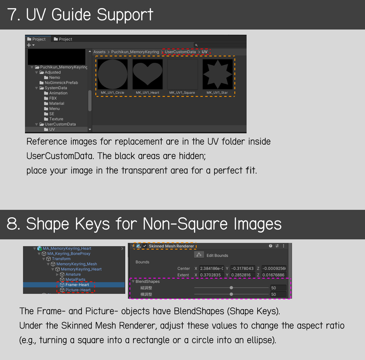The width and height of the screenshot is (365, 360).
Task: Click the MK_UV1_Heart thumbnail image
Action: (148, 74)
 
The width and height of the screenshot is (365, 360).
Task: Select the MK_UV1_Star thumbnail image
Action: (218, 74)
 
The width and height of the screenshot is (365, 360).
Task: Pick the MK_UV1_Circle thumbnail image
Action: (113, 74)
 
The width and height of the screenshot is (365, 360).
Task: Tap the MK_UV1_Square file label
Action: (182, 93)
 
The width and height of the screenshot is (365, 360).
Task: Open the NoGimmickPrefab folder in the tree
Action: (59, 83)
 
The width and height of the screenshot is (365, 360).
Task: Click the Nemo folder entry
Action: (52, 78)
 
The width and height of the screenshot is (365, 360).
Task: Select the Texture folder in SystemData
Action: (54, 119)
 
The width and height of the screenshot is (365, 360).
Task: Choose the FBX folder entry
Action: (51, 98)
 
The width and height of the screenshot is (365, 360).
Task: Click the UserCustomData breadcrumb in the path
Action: (180, 52)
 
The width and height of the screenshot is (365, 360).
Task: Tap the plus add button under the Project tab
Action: (29, 45)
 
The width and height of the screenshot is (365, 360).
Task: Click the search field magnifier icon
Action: (196, 45)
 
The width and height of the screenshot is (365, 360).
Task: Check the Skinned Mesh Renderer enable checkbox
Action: (145, 246)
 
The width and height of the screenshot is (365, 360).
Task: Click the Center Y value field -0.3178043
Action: (243, 268)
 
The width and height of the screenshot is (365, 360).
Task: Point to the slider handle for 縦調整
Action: (231, 288)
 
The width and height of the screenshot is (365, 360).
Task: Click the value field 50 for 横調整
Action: (278, 294)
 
